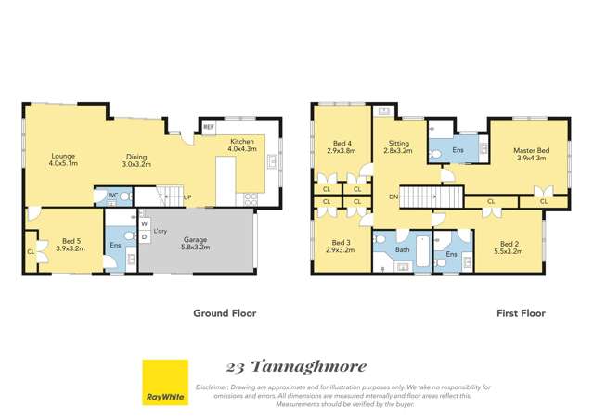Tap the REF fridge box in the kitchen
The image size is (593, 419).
click(209, 127)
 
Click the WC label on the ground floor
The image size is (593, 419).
click(112, 195)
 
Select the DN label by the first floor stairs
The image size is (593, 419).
click(393, 197)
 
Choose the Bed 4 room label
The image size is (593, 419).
click(341, 146)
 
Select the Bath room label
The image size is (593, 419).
click(402, 249)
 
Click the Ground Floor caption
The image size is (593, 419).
click(225, 313)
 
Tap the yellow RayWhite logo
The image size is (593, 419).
click(164, 383)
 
